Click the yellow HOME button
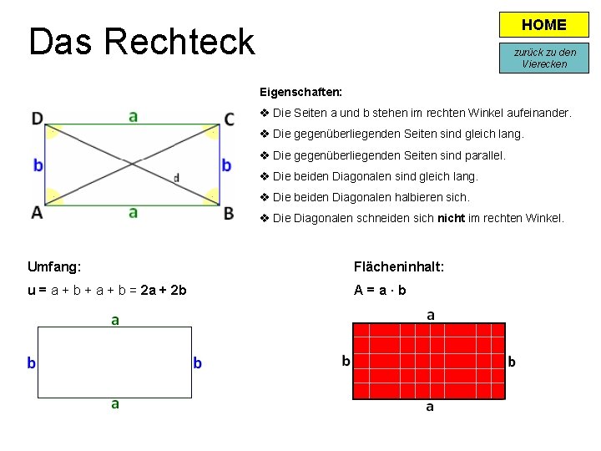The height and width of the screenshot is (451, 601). pos(543,25)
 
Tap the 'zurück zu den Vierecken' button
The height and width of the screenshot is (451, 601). pos(544,58)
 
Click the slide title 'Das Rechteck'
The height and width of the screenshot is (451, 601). pos(141,41)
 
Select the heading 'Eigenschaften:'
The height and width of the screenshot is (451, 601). pos(300,91)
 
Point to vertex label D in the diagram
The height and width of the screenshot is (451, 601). pos(38,119)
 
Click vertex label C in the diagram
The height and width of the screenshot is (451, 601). pos(229,119)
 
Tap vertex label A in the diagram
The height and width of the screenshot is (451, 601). pos(37,212)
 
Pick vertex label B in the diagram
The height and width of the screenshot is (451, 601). pos(229,212)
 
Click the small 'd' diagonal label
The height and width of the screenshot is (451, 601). pos(176,177)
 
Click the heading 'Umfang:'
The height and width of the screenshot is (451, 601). pos(54,267)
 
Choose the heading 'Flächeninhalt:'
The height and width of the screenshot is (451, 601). pos(399,267)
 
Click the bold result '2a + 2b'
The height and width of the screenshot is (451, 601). pos(164,290)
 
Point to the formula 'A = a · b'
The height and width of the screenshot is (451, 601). pos(380,290)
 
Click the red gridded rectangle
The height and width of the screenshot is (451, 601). pos(429,361)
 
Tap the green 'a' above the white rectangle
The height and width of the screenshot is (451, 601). pos(115,320)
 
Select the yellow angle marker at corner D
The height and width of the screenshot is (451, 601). pos(54,131)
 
